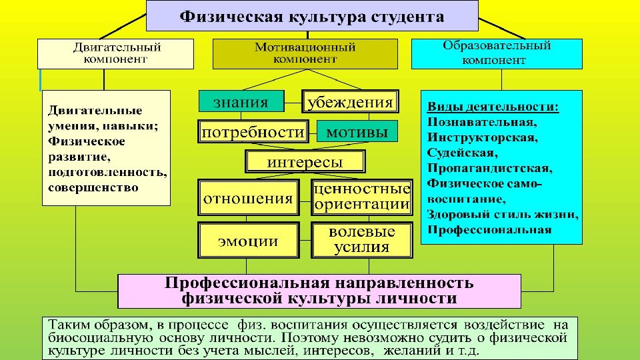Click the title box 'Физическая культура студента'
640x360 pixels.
click(x=312, y=16)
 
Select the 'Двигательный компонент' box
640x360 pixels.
click(x=116, y=53)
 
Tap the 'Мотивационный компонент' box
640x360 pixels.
click(x=305, y=53)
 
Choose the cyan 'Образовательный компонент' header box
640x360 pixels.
click(x=496, y=53)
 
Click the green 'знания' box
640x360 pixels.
click(x=241, y=102)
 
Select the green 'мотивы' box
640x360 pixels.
click(x=357, y=132)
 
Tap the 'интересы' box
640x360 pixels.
click(x=305, y=162)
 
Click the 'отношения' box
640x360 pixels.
click(x=247, y=198)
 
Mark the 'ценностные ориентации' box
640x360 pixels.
click(x=361, y=197)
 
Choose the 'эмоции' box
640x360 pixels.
click(x=249, y=240)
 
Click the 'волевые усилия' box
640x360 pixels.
click(x=361, y=240)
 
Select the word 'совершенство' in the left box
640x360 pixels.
click(x=93, y=187)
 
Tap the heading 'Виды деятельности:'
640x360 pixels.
click(x=493, y=107)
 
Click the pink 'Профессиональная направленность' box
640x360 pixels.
click(x=319, y=291)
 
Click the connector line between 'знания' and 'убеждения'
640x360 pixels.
click(x=293, y=103)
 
